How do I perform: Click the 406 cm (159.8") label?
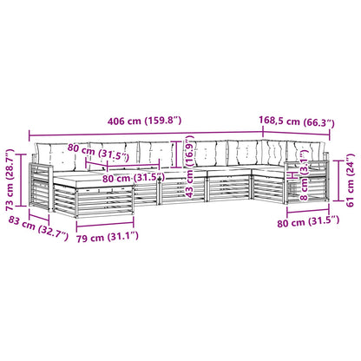144,121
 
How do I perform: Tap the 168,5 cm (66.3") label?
297,121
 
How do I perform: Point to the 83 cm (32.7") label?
38,229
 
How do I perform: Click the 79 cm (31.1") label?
108,237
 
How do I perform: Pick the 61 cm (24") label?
350,180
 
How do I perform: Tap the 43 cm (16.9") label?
189,167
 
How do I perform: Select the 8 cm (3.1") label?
304,175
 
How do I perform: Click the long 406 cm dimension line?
146,134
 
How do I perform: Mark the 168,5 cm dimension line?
296,134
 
